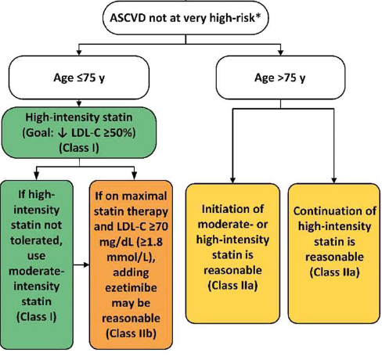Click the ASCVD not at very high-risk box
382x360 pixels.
pos(186,18)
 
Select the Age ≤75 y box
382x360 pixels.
pos(79,77)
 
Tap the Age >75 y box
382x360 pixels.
pos(280,77)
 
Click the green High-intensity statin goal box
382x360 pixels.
pos(79,133)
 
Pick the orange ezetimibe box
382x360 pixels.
pos(131,265)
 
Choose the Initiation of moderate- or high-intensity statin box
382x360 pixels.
pos(232,254)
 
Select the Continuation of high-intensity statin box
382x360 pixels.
pos(334,254)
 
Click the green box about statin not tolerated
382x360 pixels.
pos(37,265)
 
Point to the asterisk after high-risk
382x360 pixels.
pos(258,16)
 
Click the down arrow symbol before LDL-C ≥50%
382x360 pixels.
pos(63,133)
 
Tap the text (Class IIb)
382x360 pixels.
pos(131,333)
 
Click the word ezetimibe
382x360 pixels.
pos(131,288)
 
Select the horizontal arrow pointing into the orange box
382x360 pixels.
pos(81,265)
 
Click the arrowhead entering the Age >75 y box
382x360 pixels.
pos(280,52)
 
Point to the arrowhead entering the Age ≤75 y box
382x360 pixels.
pos(79,52)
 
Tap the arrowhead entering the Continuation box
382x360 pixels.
pos(334,181)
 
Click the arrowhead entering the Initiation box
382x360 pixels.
pos(233,181)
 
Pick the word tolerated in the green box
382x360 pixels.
pos(37,240)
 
